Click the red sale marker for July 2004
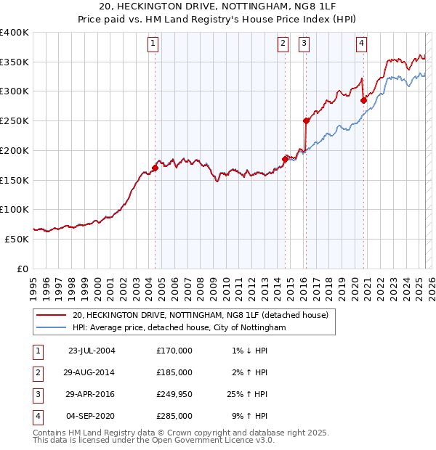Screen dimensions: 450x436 click(x=155, y=168)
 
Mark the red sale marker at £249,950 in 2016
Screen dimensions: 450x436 click(x=306, y=121)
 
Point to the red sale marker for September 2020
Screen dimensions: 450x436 click(x=363, y=100)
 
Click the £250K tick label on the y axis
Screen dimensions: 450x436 click(x=15, y=120)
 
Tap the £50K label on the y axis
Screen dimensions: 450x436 click(x=17, y=238)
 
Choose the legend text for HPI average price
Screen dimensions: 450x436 click(x=179, y=328)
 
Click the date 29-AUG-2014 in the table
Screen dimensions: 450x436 click(x=90, y=372)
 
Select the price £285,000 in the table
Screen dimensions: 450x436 click(x=174, y=416)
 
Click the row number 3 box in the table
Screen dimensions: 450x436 click(x=36, y=394)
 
